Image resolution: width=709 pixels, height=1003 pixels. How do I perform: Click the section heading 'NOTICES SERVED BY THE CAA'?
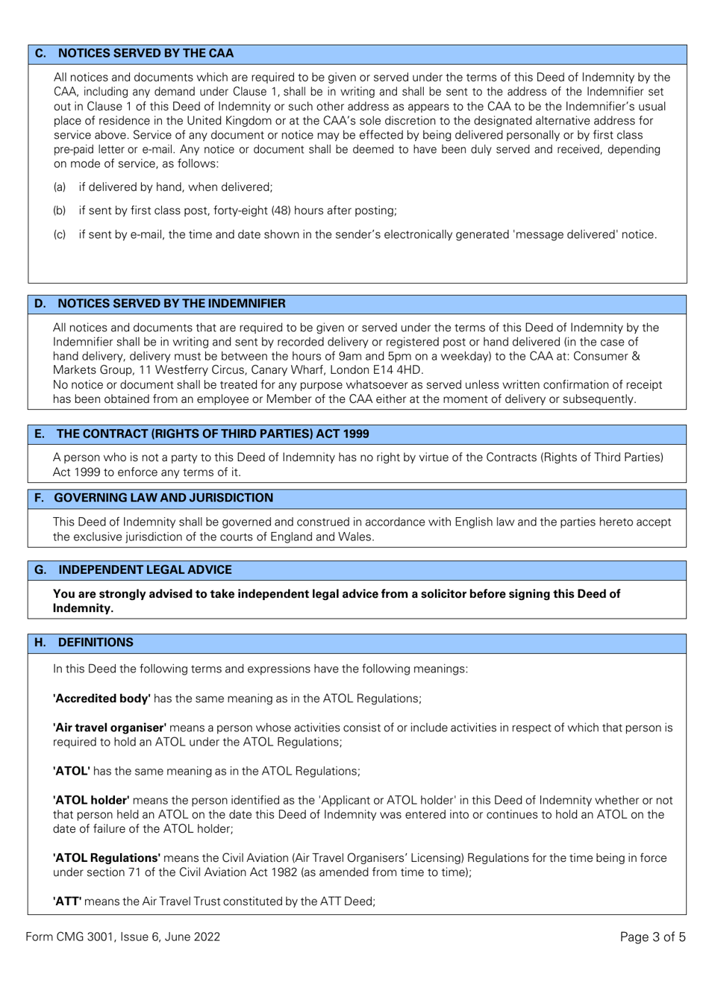pyautogui.click(x=146, y=54)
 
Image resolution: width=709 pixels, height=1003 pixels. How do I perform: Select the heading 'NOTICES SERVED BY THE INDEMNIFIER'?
pyautogui.click(x=171, y=304)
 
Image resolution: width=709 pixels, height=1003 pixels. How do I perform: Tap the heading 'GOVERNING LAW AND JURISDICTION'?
pyautogui.click(x=163, y=498)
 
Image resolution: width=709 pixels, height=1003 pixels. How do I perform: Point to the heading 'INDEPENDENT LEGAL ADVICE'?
pyautogui.click(x=145, y=570)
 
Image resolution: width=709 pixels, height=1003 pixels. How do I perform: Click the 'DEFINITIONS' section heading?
pyautogui.click(x=96, y=643)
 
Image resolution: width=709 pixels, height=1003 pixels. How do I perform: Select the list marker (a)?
pyautogui.click(x=60, y=187)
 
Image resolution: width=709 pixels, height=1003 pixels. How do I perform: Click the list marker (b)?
pyautogui.click(x=60, y=211)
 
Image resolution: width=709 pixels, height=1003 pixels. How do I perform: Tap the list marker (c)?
pyautogui.click(x=60, y=235)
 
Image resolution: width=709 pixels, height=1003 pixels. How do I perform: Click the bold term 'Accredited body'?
pyautogui.click(x=101, y=699)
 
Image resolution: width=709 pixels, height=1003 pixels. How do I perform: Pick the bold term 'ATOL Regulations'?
pyautogui.click(x=107, y=858)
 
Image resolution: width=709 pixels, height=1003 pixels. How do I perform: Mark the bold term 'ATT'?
pyautogui.click(x=67, y=902)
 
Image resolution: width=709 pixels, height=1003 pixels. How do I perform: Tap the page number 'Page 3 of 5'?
pyautogui.click(x=652, y=937)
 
